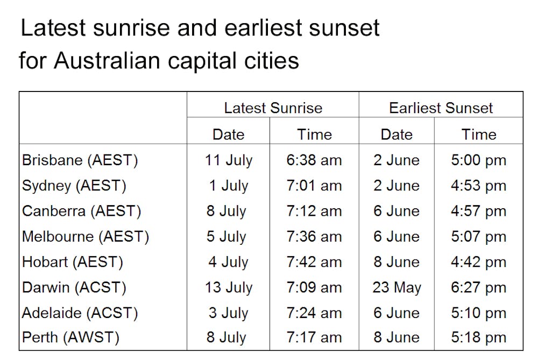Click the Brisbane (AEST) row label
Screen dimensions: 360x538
click(80, 160)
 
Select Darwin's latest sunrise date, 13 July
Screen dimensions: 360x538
click(228, 287)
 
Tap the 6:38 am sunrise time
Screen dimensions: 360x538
click(314, 160)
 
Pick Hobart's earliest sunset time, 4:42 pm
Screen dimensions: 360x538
click(478, 262)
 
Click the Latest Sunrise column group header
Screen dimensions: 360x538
click(273, 108)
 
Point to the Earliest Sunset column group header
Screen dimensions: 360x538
click(441, 108)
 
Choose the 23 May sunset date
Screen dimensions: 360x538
click(397, 287)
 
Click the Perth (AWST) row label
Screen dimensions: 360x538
click(70, 338)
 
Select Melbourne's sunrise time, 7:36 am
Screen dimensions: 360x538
click(314, 237)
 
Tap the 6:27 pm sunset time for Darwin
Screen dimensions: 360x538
click(478, 287)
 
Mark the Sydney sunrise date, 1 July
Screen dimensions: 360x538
click(228, 186)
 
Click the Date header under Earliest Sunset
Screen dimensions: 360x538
click(397, 134)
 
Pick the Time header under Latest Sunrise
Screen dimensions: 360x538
click(314, 134)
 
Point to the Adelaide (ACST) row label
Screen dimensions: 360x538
click(80, 313)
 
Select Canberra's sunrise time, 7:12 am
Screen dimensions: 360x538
click(314, 211)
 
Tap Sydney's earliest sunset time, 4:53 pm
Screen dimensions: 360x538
click(478, 186)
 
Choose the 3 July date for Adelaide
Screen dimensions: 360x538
click(228, 313)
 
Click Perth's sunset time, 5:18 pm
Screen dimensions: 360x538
click(478, 338)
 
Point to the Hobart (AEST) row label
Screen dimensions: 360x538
click(73, 262)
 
